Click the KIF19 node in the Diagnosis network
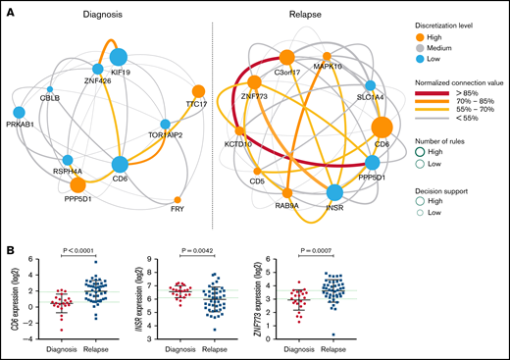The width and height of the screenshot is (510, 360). point(122,58)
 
